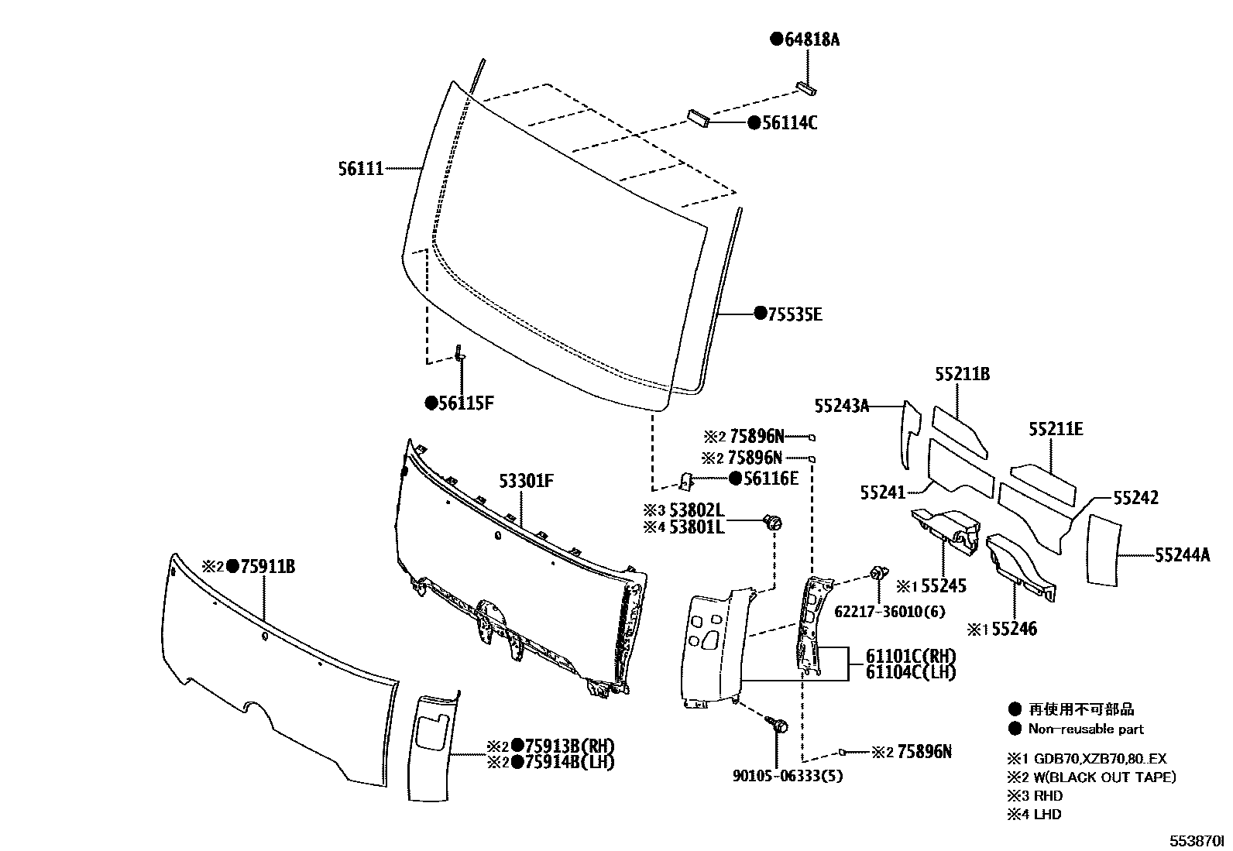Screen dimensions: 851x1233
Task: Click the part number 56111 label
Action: coord(360,168)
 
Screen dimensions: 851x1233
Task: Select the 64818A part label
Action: coord(811,39)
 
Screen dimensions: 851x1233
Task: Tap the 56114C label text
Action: coord(789,123)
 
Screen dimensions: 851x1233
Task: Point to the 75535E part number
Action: coord(794,314)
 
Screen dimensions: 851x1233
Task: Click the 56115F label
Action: coord(465,403)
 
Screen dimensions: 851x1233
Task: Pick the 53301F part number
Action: coord(526,482)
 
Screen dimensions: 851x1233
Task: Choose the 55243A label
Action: coord(841,405)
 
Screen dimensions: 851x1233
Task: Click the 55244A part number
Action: coord(1182,554)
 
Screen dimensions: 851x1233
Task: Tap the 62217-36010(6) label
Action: coord(889,612)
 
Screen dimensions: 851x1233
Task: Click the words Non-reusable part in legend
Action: coord(1085,729)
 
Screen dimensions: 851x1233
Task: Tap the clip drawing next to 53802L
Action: coord(773,523)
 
